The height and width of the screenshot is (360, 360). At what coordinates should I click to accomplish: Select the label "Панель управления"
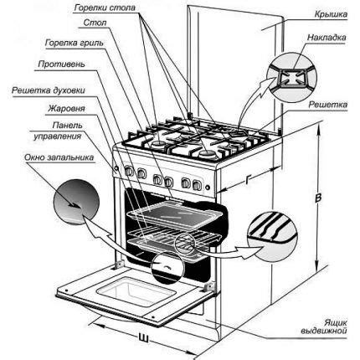[39, 131]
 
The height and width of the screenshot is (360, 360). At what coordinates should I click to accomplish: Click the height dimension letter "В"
[319, 198]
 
